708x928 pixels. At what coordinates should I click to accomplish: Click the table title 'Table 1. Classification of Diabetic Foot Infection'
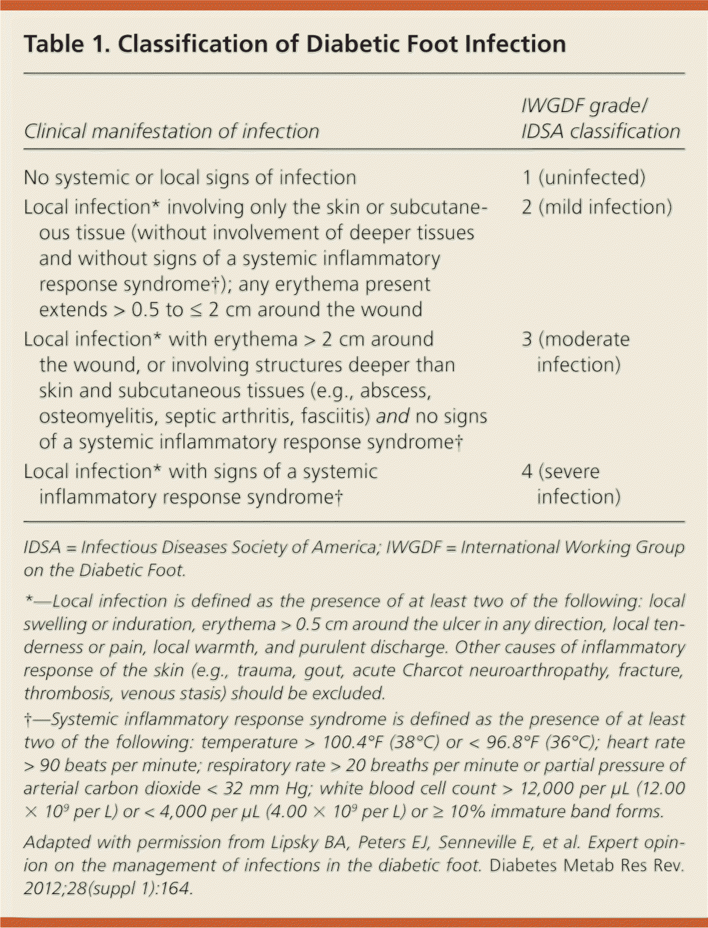[x=295, y=44]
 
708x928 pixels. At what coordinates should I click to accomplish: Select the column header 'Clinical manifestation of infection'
[x=171, y=131]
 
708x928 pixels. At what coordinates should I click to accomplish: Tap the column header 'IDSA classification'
[x=600, y=131]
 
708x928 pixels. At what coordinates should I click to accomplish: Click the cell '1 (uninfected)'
[x=584, y=177]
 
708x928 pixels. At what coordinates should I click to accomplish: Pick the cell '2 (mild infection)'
[x=597, y=207]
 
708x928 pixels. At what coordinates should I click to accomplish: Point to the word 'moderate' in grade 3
[x=594, y=339]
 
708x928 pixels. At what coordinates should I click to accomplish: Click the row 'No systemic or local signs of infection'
[x=189, y=177]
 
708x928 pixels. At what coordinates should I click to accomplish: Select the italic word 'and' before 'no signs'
[x=392, y=417]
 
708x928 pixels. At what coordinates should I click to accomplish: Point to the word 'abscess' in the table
[x=395, y=391]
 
